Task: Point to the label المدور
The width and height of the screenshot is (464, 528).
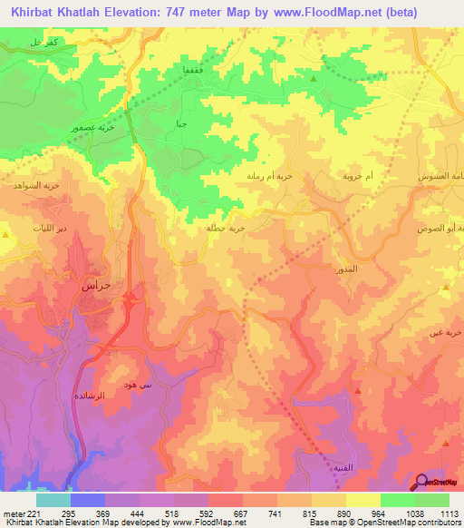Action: [x=346, y=269]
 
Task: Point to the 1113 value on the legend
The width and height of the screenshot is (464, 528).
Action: [x=449, y=513]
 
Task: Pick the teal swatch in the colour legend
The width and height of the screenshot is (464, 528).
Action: [x=53, y=500]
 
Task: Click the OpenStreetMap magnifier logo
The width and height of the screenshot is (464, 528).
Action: [x=422, y=482]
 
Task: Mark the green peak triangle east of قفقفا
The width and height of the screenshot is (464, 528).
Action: [x=314, y=79]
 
